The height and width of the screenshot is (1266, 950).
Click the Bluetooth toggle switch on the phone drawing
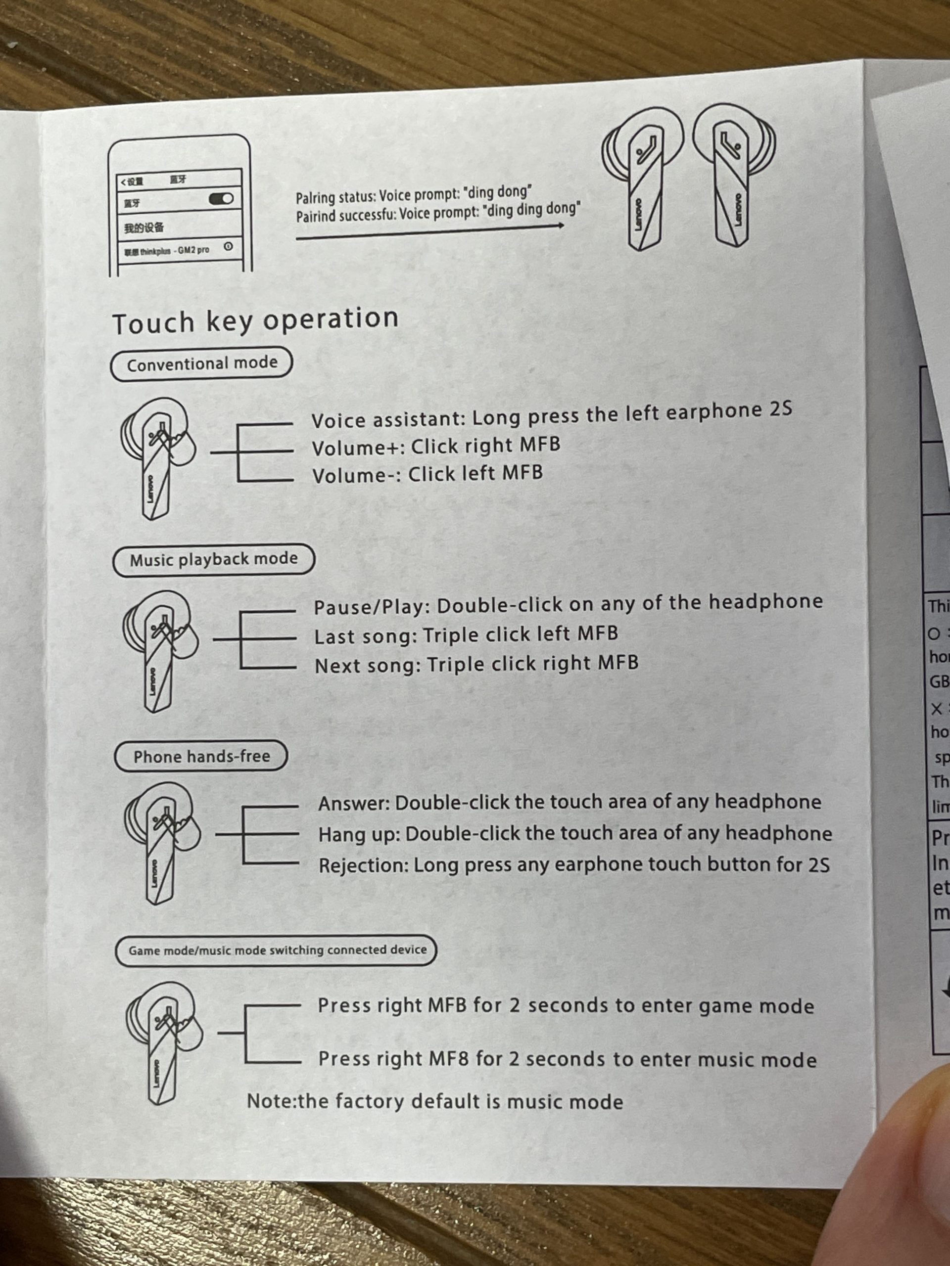point(221,199)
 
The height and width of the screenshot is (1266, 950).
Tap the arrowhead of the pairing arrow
point(560,226)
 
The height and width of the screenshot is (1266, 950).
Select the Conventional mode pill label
point(201,364)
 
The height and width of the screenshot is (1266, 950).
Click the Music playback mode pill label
point(214,559)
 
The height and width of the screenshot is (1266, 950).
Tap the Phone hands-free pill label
point(201,757)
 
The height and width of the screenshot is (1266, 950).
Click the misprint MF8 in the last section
point(449,1059)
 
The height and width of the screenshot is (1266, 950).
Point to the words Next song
point(367,666)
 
